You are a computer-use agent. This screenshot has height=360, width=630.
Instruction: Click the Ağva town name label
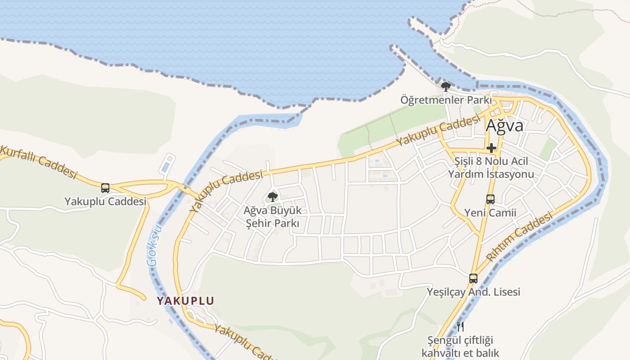[504, 126]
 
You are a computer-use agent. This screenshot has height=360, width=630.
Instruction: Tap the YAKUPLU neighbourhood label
[185, 301]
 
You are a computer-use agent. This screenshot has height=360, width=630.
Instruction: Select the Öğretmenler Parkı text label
[446, 99]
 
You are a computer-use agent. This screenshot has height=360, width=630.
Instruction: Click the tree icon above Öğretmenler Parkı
[445, 86]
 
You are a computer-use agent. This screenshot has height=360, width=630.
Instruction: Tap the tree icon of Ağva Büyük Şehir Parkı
[272, 197]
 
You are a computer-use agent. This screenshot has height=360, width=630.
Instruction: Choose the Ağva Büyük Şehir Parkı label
[273, 216]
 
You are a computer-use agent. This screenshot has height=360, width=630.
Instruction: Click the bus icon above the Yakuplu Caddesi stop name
[105, 188]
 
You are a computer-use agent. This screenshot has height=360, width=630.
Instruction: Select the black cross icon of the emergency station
[491, 148]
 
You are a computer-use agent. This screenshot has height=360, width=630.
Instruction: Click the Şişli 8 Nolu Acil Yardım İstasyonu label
[491, 167]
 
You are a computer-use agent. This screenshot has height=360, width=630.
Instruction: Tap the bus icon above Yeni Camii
[490, 199]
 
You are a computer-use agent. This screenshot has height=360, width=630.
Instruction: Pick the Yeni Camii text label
[490, 212]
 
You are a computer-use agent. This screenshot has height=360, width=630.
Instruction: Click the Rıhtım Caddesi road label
[519, 237]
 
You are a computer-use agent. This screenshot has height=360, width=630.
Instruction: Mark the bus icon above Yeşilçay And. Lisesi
[473, 279]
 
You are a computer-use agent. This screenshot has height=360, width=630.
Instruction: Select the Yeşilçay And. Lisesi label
[473, 292]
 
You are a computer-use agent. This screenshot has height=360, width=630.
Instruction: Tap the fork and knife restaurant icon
[460, 326]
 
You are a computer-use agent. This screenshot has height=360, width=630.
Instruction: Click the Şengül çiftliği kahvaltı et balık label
[460, 346]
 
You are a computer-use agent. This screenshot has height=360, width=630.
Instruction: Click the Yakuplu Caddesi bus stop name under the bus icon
[105, 201]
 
